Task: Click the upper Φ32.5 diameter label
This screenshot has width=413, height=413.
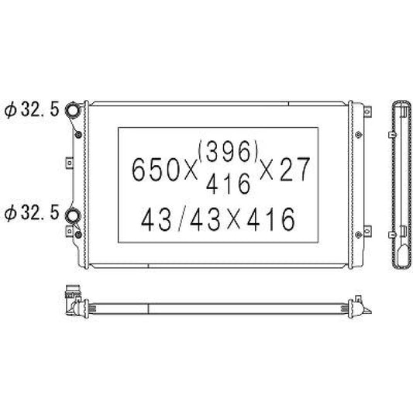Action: (x=32, y=109)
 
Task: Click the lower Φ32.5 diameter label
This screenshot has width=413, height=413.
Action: (x=32, y=213)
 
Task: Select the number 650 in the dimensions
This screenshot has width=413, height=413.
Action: (x=156, y=170)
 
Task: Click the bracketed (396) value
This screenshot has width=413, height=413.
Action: (x=228, y=152)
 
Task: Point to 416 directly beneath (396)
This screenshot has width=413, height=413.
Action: (x=228, y=184)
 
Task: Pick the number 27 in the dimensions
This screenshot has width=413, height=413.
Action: (x=294, y=170)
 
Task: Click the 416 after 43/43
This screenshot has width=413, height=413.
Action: (x=270, y=219)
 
